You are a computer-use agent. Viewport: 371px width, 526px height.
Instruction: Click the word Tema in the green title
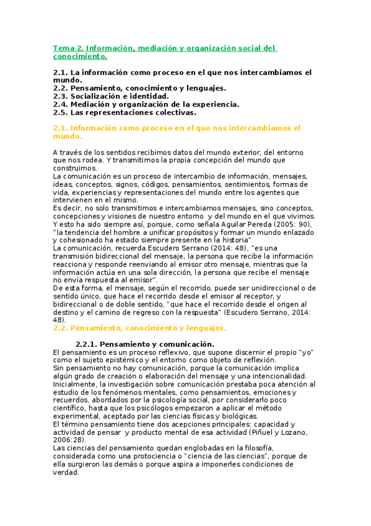click(x=63, y=48)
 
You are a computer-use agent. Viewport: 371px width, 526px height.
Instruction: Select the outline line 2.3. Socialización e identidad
click(x=110, y=96)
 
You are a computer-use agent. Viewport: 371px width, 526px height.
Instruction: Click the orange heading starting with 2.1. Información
click(x=177, y=128)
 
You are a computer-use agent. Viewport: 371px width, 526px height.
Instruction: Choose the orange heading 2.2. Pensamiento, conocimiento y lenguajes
click(x=140, y=328)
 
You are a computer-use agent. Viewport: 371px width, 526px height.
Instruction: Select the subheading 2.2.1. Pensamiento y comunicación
click(x=144, y=344)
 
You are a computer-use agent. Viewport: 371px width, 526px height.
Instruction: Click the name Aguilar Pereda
click(x=250, y=224)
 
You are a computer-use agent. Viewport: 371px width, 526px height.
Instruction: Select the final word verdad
click(x=66, y=473)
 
